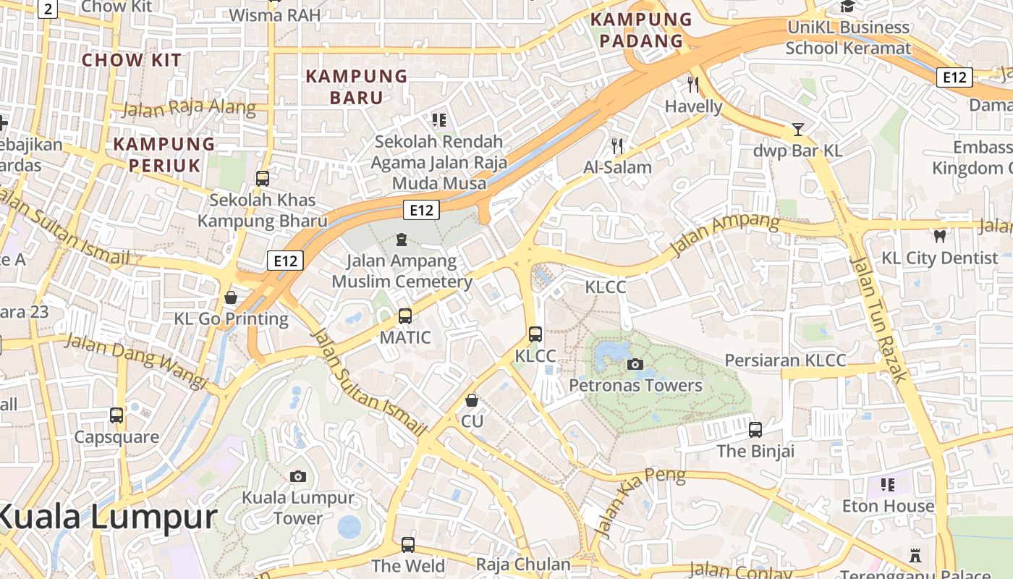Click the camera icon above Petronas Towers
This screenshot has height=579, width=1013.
pyautogui.click(x=635, y=364)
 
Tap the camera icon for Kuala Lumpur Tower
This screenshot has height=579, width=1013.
pyautogui.click(x=297, y=476)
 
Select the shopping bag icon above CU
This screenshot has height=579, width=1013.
pyautogui.click(x=472, y=400)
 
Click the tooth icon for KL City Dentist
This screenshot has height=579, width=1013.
pyautogui.click(x=940, y=236)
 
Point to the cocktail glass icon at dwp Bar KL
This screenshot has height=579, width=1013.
pyautogui.click(x=797, y=130)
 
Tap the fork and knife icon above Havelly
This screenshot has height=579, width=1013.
pyautogui.click(x=693, y=84)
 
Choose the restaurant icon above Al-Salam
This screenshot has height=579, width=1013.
pyautogui.click(x=617, y=145)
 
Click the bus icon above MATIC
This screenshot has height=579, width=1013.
pyautogui.click(x=405, y=316)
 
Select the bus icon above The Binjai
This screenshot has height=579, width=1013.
pyautogui.click(x=755, y=429)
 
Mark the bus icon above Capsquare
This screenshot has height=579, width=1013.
pyautogui.click(x=116, y=415)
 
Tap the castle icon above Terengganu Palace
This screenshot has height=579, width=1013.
pyautogui.click(x=915, y=556)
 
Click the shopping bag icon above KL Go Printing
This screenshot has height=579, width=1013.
pyautogui.click(x=231, y=297)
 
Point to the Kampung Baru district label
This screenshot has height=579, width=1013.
pyautogui.click(x=357, y=87)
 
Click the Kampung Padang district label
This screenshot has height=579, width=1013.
pyautogui.click(x=641, y=30)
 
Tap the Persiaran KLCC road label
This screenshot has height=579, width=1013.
pyautogui.click(x=784, y=360)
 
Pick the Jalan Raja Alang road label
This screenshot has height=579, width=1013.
pyautogui.click(x=189, y=109)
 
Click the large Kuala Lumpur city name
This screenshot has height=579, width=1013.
pyautogui.click(x=107, y=517)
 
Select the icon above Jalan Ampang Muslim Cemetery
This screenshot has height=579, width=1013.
pyautogui.click(x=402, y=239)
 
